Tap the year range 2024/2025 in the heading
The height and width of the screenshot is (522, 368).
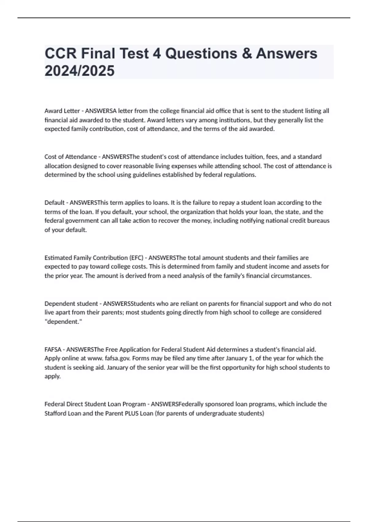tap(79, 71)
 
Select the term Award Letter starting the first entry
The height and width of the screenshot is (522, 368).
tap(62, 111)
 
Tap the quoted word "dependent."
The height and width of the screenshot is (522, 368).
tap(63, 322)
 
